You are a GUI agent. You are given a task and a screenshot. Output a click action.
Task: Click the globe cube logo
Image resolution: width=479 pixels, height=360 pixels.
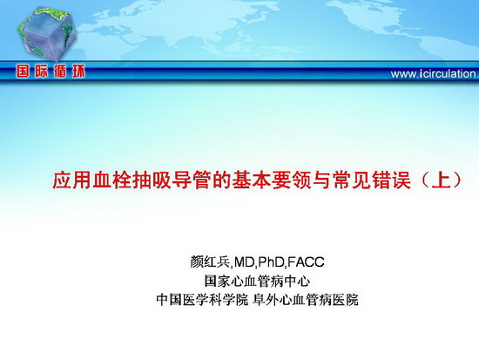coord(46,34)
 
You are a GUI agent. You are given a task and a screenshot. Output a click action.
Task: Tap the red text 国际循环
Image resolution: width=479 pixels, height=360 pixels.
coord(51,71)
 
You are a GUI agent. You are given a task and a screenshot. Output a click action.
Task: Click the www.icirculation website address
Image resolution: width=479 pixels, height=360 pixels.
coord(435,74)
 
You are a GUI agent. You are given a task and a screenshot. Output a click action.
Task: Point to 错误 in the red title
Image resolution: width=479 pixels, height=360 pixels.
coord(391,180)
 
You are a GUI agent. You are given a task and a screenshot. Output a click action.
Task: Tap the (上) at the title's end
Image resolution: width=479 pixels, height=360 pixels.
coord(442,180)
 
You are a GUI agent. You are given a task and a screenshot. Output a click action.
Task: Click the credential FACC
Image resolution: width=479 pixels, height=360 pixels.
coord(306,262)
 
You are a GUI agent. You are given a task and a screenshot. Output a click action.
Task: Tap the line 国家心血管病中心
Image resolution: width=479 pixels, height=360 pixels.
coord(257,281)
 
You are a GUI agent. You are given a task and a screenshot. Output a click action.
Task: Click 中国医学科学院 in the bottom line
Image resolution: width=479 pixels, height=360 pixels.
coord(202,300)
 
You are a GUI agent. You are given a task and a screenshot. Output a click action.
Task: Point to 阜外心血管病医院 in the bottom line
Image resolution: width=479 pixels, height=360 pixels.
coord(306,300)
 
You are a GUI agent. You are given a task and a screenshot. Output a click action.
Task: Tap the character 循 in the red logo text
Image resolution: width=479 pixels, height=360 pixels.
coord(60,71)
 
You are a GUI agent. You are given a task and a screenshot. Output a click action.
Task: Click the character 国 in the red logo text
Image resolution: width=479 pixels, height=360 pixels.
coord(24,71)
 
